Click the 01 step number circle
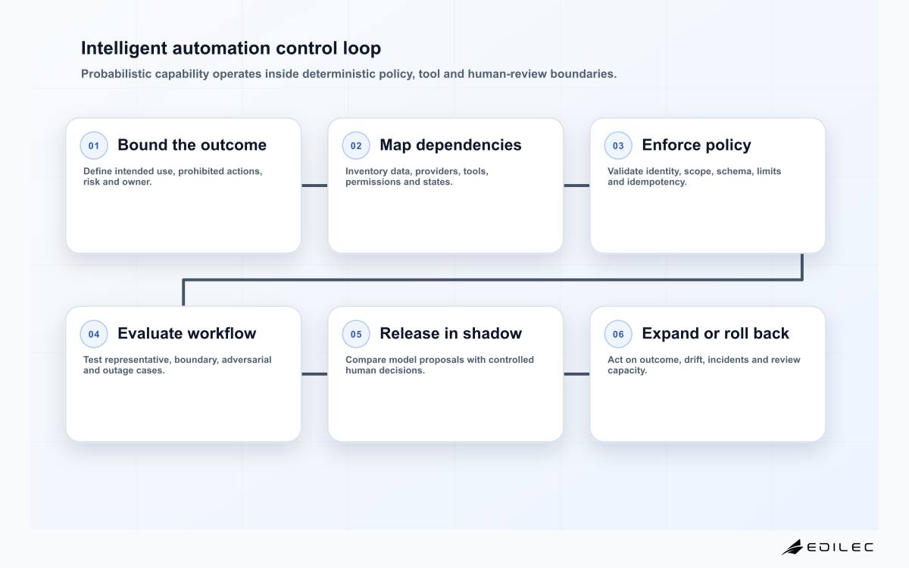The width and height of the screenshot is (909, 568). coord(94,145)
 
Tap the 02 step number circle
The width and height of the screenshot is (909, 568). coord(356,145)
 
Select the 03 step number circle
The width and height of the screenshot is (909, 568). coord(618,145)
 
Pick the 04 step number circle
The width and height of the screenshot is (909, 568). coord(94,334)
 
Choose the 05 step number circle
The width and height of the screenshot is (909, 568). coord(356,334)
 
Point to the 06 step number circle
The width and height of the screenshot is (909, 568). coord(618,334)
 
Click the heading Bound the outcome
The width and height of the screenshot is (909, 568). coord(192,145)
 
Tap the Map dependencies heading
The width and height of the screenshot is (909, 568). coord(451,145)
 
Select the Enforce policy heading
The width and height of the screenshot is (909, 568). coord(696,145)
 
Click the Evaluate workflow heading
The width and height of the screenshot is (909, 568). coord(186,333)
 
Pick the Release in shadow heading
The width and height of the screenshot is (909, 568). coord(451,333)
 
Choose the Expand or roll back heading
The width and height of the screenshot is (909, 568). coord(715,334)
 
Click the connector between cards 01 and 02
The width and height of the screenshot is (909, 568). coord(314,186)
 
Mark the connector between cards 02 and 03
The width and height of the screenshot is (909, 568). coord(576,186)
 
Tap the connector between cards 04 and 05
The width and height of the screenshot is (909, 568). coord(314,374)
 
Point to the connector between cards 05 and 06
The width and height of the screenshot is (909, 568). coord(576,374)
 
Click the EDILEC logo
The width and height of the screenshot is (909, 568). coord(827,547)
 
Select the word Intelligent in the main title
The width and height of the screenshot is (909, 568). coord(123,48)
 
